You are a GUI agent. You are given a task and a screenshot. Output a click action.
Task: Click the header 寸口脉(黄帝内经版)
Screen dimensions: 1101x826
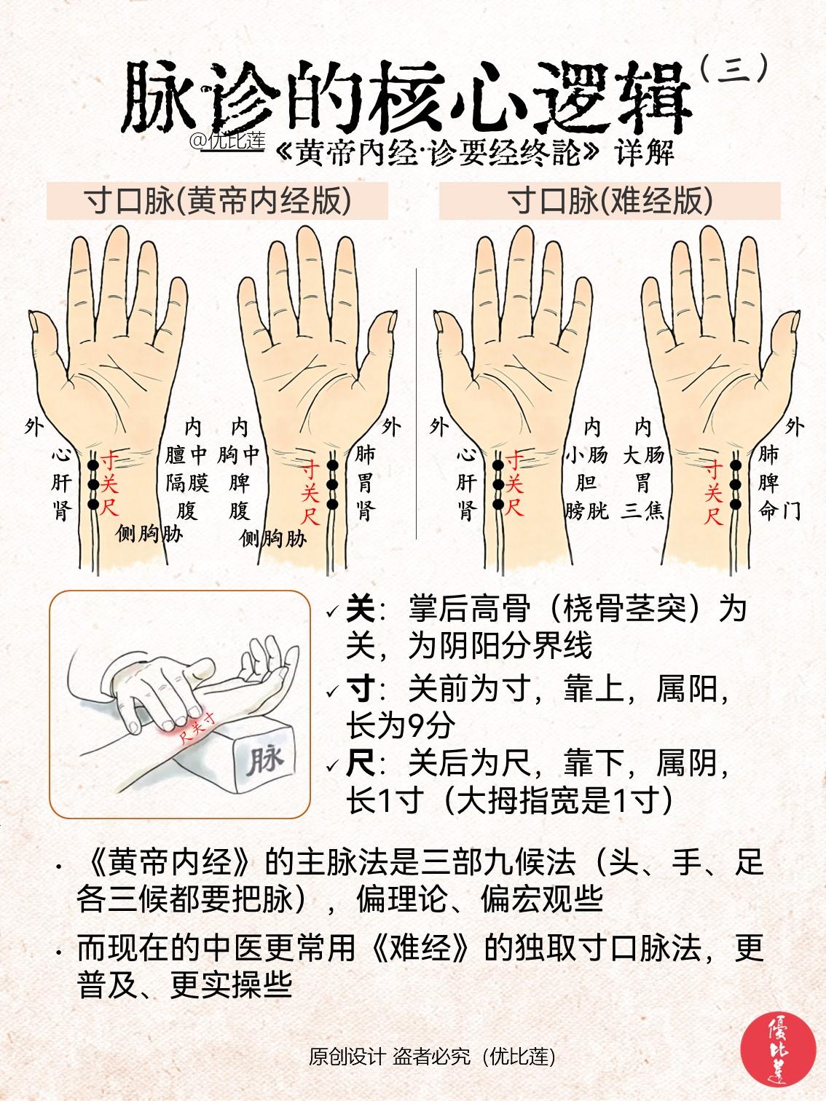point(217,201)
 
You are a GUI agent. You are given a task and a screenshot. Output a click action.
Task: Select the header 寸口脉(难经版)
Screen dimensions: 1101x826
point(609,201)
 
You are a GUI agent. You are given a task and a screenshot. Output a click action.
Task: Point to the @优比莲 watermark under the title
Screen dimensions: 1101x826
point(227,140)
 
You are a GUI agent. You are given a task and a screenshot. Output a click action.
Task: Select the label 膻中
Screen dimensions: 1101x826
point(186,456)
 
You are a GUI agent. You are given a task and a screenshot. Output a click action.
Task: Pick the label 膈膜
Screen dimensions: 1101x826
point(186,482)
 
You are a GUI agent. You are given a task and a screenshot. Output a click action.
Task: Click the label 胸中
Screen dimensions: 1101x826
point(239,456)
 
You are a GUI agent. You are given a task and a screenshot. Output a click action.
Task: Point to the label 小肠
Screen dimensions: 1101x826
point(586,456)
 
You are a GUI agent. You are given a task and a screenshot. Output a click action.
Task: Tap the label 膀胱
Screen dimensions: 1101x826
point(586,510)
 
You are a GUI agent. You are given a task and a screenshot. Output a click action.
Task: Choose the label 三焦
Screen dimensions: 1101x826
point(642,510)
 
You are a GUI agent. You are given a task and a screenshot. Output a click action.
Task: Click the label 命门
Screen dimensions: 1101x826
point(779,510)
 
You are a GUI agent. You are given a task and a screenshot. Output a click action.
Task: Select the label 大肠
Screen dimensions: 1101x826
point(642,456)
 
